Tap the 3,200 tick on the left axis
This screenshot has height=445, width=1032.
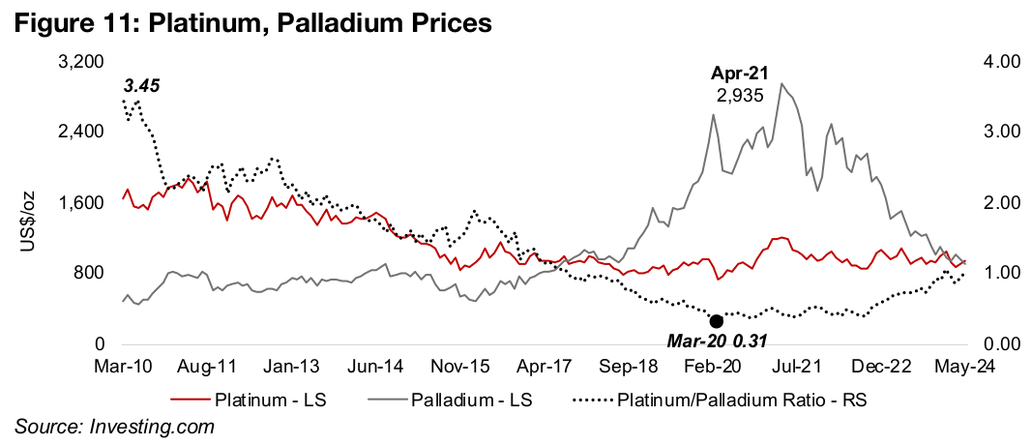[x=81, y=61]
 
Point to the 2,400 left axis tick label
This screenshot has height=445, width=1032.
[x=81, y=132]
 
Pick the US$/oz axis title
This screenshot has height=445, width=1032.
[x=28, y=203]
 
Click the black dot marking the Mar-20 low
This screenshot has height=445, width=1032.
[x=717, y=321]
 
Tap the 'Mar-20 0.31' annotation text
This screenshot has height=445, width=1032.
[x=718, y=340]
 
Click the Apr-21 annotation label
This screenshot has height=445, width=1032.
[x=740, y=74]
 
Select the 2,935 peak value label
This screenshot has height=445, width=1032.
[x=740, y=95]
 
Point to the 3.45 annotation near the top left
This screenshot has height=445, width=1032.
[x=142, y=85]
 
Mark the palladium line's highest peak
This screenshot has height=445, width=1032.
[x=781, y=83]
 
